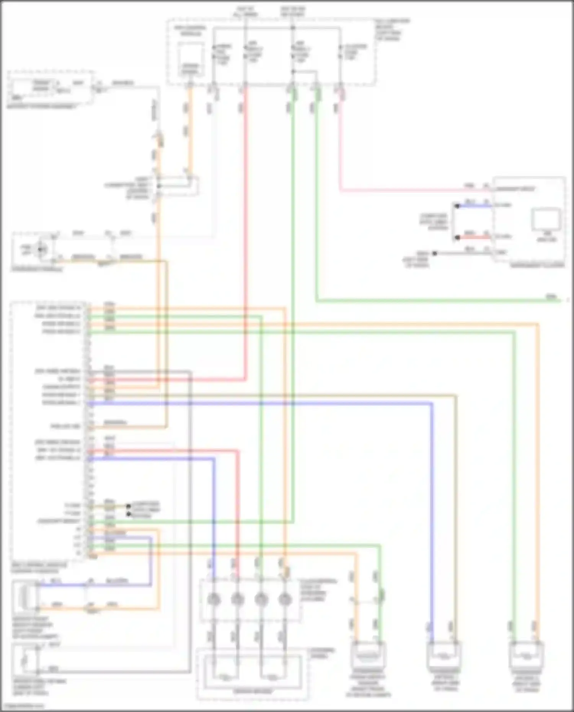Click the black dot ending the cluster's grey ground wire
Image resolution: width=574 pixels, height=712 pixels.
point(434,253)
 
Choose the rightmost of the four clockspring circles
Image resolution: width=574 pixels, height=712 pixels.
point(284,599)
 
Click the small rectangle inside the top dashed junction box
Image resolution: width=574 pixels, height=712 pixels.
point(190,59)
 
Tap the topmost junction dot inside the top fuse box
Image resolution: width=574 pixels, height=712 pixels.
point(293,28)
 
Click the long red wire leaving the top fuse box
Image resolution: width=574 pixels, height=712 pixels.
point(245,230)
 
